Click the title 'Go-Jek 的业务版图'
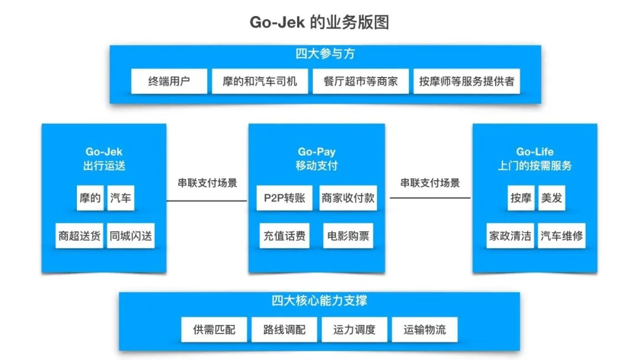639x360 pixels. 319,22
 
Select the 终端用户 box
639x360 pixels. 169,82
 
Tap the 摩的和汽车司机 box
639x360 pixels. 260,82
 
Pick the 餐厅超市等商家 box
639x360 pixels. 361,82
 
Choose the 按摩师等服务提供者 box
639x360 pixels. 467,82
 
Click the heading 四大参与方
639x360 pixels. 325,54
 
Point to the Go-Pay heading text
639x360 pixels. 317,152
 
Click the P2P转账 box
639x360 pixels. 285,198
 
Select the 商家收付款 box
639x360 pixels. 348,198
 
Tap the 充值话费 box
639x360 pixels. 285,236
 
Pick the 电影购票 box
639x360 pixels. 348,236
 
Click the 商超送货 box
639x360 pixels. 79,236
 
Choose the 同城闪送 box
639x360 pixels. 131,236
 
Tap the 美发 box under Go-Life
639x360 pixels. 551,198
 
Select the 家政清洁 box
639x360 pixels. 510,236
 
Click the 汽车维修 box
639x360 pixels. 561,236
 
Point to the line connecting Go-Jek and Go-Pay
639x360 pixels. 207,201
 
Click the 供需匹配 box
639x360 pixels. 214,329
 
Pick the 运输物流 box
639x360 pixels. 425,329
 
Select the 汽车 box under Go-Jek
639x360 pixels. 121,198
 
